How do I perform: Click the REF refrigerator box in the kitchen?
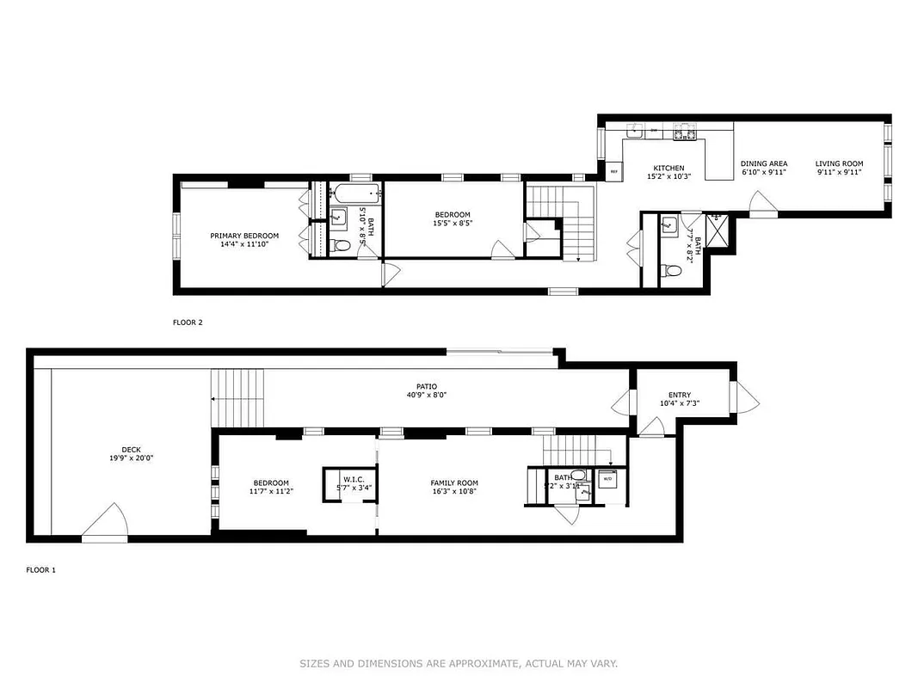613,171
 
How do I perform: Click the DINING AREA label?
764,163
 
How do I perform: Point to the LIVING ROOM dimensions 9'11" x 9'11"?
839,172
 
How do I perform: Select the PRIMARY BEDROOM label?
244,236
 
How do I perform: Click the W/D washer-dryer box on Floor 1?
607,478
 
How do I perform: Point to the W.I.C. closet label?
354,478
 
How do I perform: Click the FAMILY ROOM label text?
454,483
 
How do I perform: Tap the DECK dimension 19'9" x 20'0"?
131,458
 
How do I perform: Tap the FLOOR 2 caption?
187,322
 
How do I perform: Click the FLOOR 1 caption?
40,569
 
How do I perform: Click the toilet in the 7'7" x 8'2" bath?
673,271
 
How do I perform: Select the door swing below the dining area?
762,204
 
